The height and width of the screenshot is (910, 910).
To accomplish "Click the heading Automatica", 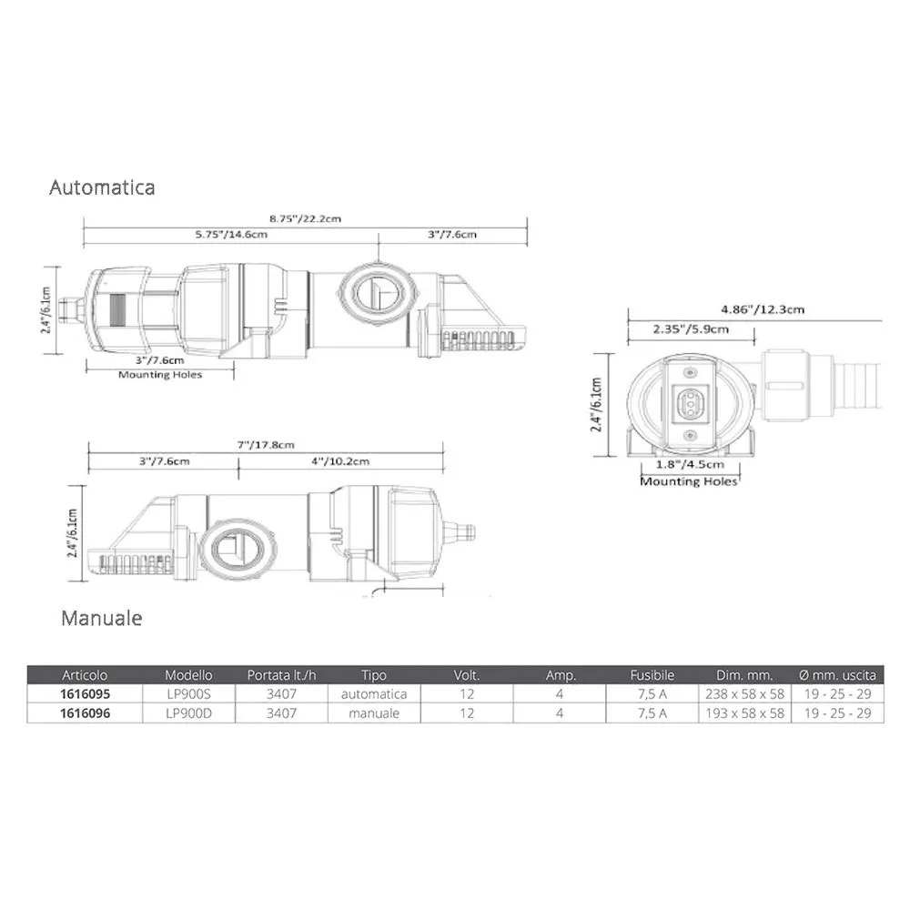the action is pos(102,187).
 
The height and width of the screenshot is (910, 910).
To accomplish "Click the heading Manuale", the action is pos(102,618).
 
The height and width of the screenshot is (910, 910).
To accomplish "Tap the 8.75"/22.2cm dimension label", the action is pos(305,218).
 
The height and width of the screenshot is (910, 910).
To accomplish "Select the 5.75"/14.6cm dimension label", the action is pos(231,235).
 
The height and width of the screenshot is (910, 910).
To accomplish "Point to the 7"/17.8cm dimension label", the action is pos(265,445).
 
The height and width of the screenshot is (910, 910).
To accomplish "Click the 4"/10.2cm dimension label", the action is pos(340,461).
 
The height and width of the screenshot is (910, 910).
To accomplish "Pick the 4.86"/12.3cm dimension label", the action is pos(763,309).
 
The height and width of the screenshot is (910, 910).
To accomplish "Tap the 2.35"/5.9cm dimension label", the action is pos(691,329).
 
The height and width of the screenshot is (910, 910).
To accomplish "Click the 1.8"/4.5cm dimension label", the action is pos(690,464).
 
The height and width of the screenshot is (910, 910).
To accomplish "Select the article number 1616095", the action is pos(85,694).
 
